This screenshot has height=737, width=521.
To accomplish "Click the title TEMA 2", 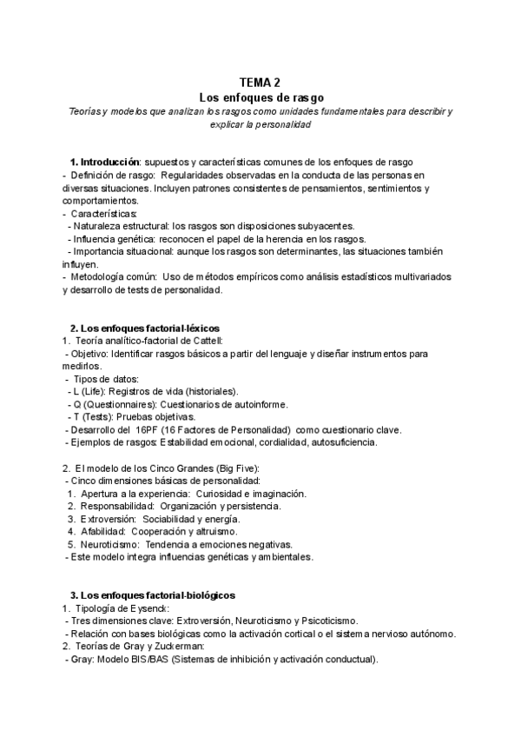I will pos(260,82).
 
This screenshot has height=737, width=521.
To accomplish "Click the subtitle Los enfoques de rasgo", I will pos(260,96).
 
